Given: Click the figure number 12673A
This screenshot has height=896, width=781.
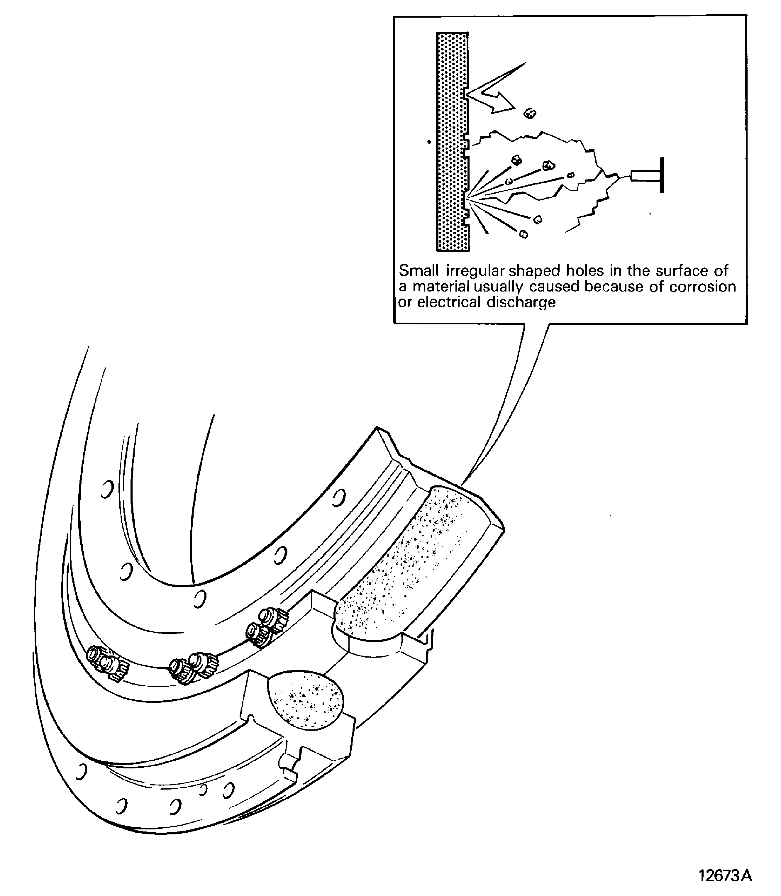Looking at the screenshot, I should pyautogui.click(x=725, y=875).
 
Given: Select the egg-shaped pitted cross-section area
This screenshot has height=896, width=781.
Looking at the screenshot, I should pyautogui.click(x=307, y=701).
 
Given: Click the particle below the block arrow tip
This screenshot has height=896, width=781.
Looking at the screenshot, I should pyautogui.click(x=530, y=114).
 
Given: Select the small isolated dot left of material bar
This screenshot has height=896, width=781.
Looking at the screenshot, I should pyautogui.click(x=429, y=142).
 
